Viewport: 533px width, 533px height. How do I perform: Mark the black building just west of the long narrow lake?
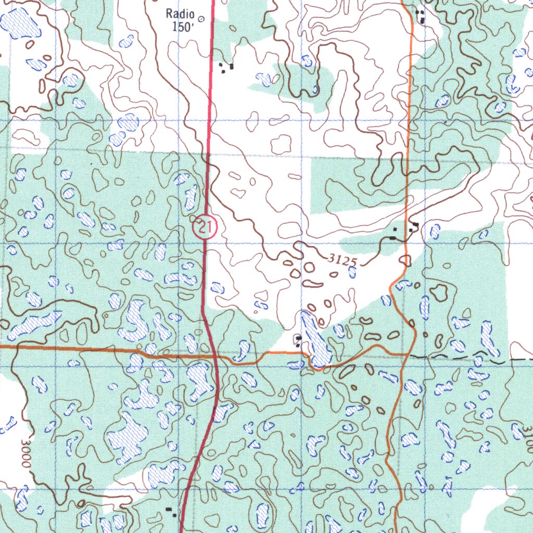[x=298, y=340]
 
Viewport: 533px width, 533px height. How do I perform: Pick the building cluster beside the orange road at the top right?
[x=421, y=16]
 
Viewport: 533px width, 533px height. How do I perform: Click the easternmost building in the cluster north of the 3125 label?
[x=415, y=226]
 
